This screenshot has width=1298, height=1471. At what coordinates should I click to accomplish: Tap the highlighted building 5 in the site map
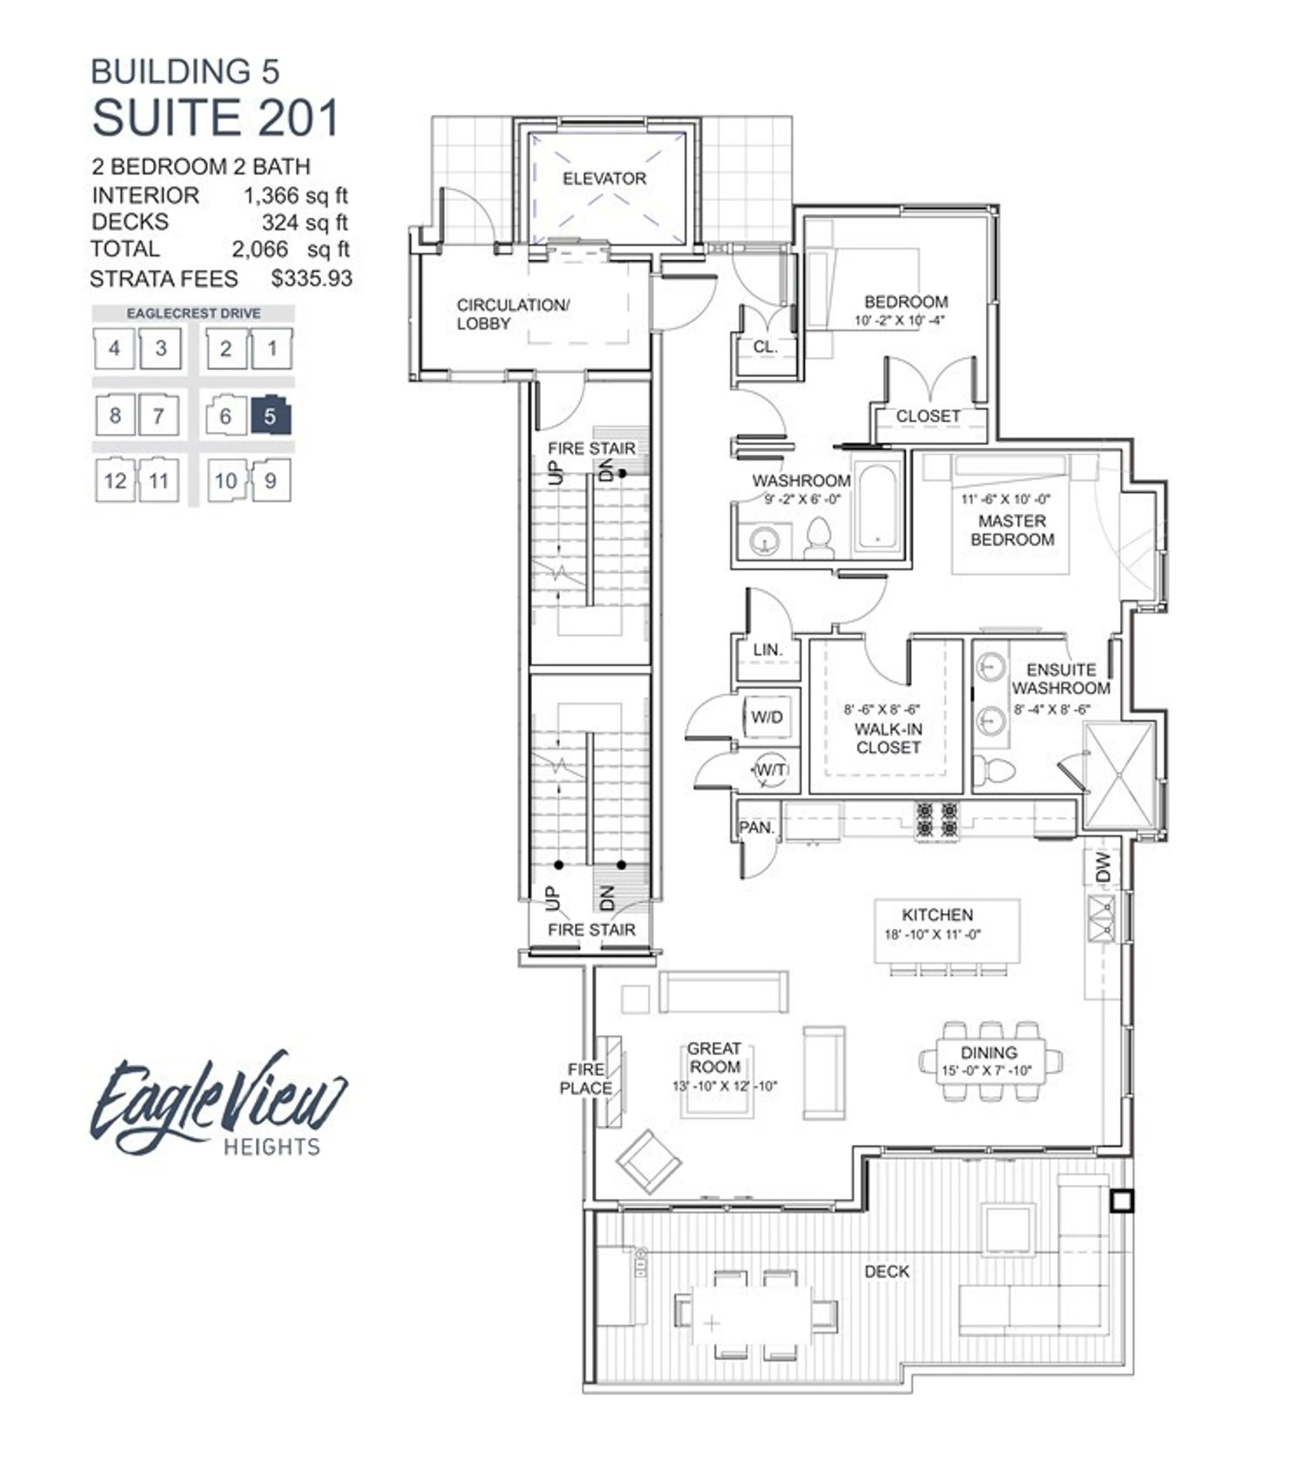coord(270,416)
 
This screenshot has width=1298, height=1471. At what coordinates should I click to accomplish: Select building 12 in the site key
coord(115,480)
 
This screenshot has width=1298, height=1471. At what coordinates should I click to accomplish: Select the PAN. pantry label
coord(756,827)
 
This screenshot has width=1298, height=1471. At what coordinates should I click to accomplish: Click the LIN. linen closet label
coord(767,650)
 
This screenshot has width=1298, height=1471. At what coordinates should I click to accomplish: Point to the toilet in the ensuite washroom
coord(996,771)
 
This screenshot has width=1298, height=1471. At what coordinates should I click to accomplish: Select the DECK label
coord(886,1271)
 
